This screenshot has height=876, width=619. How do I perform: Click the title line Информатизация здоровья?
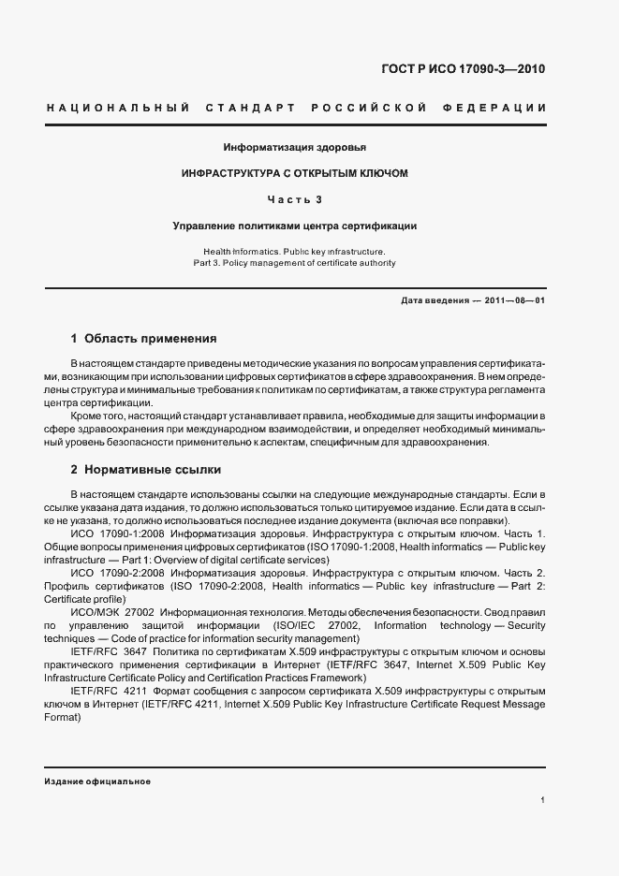(294, 148)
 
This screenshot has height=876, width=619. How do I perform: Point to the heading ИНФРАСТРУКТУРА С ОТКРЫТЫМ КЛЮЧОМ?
(294, 173)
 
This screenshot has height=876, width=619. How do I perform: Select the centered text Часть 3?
(294, 199)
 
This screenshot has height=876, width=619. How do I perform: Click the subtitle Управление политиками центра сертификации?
(294, 226)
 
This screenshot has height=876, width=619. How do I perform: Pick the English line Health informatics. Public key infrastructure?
(294, 252)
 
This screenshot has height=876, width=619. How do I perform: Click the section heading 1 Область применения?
(143, 338)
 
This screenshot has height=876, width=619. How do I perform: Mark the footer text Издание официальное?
(97, 781)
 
